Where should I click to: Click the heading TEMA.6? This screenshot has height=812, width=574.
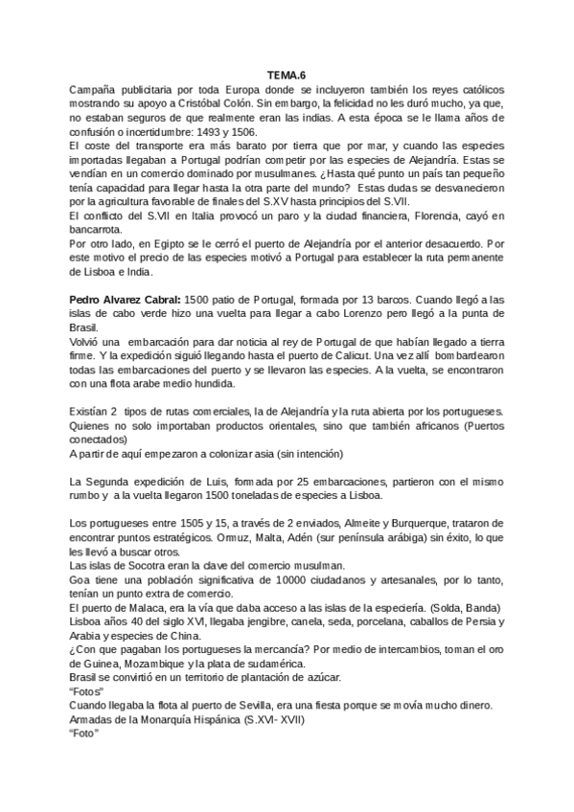[x=287, y=75]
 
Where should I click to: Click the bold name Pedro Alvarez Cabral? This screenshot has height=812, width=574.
[x=128, y=300]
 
